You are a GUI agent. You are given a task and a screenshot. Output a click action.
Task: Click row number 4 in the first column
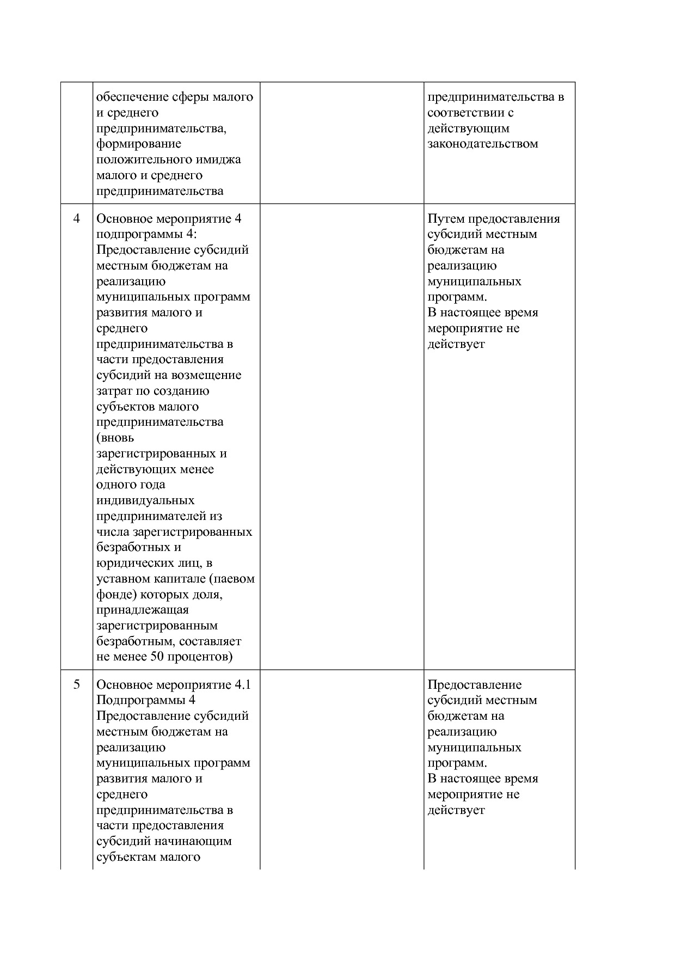77,218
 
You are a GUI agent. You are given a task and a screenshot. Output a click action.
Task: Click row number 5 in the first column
77,684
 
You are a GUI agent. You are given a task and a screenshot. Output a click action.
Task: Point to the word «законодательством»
482,144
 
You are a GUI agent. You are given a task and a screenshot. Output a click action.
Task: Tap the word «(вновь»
115,438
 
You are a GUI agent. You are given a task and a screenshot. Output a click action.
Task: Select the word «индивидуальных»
145,500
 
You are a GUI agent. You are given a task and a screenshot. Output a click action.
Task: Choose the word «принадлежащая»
143,610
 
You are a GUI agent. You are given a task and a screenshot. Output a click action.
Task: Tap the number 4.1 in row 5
242,684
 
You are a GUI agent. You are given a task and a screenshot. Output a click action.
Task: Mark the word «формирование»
139,144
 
